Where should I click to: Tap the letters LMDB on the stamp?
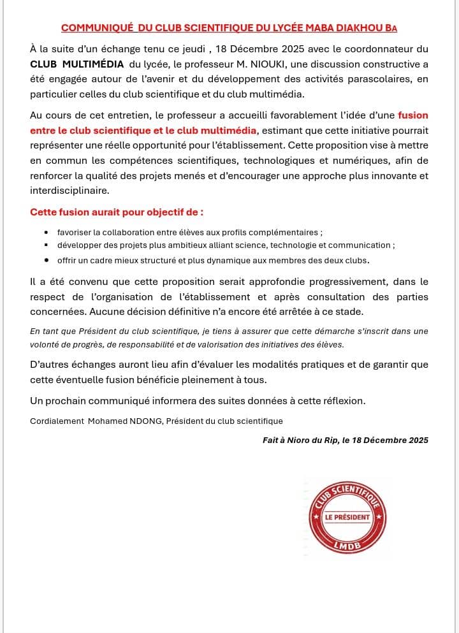pos(348,546)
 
